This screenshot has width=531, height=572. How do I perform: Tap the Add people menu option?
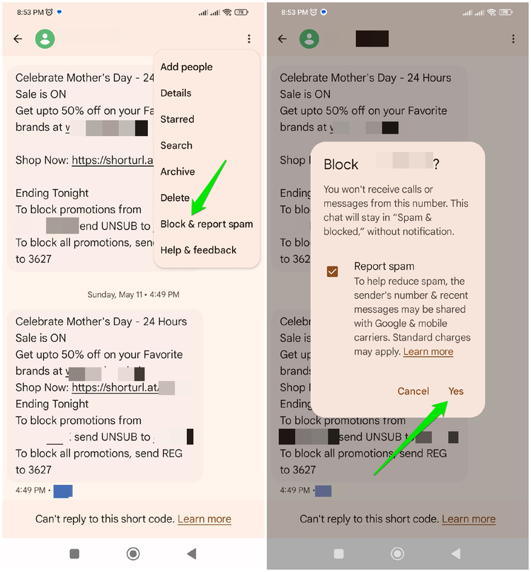pyautogui.click(x=186, y=67)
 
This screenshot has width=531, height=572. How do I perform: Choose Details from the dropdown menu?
pyautogui.click(x=176, y=93)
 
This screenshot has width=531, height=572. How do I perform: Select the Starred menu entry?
pyautogui.click(x=177, y=119)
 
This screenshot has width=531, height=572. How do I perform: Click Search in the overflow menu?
pyautogui.click(x=176, y=145)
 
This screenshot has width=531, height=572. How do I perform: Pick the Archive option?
pyautogui.click(x=178, y=171)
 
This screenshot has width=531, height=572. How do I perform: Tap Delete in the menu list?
pyautogui.click(x=175, y=198)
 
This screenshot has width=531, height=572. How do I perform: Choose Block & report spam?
pyautogui.click(x=206, y=224)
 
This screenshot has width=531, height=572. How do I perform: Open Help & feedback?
pyautogui.click(x=198, y=250)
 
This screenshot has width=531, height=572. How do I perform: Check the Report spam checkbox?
pyautogui.click(x=332, y=272)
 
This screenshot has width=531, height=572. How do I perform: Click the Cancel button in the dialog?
pyautogui.click(x=413, y=391)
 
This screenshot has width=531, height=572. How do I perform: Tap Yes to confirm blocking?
pyautogui.click(x=456, y=391)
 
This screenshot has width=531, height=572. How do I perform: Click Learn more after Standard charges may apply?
pyautogui.click(x=428, y=352)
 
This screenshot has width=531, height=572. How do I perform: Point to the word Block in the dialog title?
pyautogui.click(x=341, y=164)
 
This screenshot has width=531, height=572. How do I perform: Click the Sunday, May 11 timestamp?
pyautogui.click(x=133, y=294)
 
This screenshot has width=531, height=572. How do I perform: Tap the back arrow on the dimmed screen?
pyautogui.click(x=282, y=39)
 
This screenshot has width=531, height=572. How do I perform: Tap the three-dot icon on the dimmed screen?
pyautogui.click(x=513, y=39)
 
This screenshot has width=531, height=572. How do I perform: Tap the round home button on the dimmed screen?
pyautogui.click(x=398, y=554)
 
